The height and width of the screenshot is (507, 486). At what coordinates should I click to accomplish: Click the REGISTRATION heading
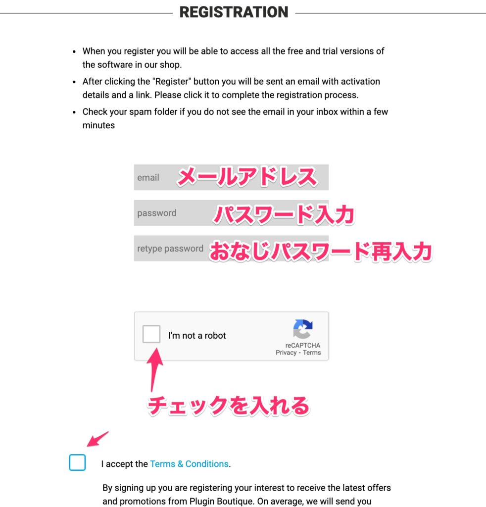coord(234,12)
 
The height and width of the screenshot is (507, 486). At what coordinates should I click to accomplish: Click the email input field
coord(231,177)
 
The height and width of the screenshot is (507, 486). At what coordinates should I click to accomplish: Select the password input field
coord(231,213)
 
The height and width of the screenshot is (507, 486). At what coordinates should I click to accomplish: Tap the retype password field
coord(231,249)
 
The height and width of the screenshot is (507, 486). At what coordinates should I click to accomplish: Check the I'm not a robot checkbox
coord(151,335)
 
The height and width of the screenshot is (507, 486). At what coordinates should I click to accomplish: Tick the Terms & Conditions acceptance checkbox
coord(77,462)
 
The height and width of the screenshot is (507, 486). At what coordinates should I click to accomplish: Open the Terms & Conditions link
coord(189,464)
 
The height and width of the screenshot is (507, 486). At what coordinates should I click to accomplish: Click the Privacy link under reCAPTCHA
coord(286,353)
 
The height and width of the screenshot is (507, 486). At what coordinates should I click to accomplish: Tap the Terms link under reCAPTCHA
coord(312,353)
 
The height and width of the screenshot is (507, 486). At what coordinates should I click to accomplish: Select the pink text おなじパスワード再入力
coord(320,251)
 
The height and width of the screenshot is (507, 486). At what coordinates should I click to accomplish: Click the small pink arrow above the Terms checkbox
coord(97,439)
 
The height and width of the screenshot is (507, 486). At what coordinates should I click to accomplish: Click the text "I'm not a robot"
coord(197,335)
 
